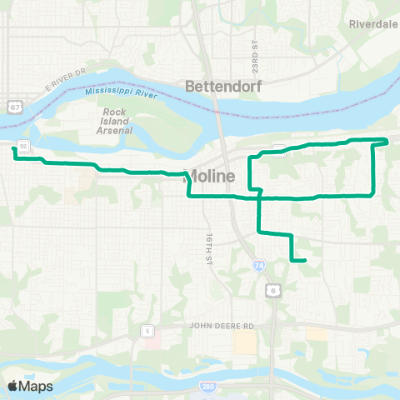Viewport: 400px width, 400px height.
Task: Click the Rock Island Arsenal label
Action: tap(118, 122)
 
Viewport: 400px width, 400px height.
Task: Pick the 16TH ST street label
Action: tap(205, 247)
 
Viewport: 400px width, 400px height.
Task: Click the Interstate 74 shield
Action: tap(259, 265)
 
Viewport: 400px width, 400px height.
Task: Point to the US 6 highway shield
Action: tap(272, 290)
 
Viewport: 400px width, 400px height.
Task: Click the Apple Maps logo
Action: tap(30, 386)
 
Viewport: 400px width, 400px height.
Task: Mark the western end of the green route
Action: tap(13, 150)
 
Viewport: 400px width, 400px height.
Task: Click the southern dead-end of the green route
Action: tap(305, 261)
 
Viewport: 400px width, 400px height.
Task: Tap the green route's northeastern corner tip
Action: tap(387, 139)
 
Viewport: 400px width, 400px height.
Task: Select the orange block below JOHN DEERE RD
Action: tap(245, 342)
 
